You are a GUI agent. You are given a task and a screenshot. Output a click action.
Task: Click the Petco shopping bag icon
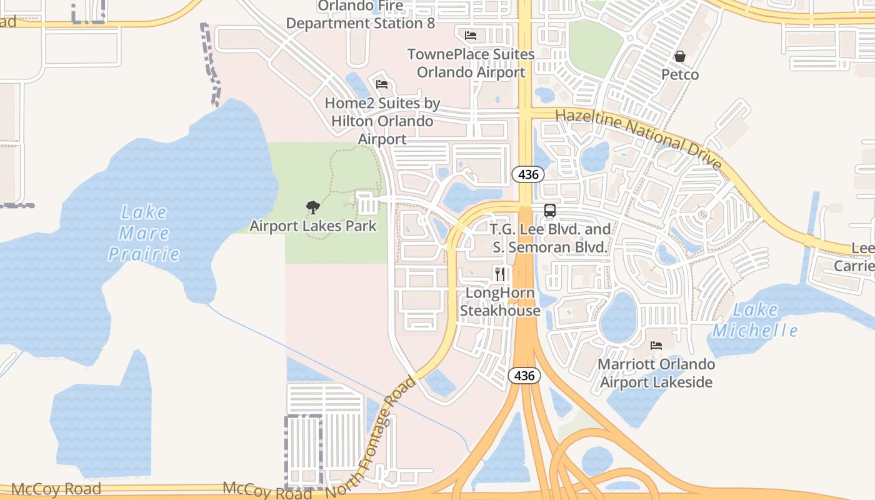pos(680,57)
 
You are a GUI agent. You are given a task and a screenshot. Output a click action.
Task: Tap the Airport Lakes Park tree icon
pos(313,207)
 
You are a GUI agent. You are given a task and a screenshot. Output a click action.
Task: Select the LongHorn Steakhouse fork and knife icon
pos(500,274)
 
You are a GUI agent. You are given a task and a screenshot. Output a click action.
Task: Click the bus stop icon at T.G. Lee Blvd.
pos(550,211)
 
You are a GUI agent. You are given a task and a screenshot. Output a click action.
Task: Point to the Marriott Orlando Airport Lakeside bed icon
pos(656,345)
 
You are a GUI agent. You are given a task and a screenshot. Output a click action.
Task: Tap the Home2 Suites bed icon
pos(382,84)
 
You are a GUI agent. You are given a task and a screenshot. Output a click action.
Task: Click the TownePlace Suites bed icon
pos(471,35)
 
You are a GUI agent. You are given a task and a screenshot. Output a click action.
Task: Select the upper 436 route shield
pos(528,174)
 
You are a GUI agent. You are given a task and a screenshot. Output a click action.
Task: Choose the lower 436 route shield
pos(524,375)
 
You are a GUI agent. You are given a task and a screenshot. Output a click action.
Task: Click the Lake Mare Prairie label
pos(144,233)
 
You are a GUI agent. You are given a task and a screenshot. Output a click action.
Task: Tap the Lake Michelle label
pos(755,320)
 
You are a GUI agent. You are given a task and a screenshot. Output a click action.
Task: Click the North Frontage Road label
pos(371,437)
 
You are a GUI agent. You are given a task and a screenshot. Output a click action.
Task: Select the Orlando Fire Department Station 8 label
pos(361,15)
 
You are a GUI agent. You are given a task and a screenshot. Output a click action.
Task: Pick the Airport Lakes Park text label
pos(313,226)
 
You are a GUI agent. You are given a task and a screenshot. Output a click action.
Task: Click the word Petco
pos(680,74)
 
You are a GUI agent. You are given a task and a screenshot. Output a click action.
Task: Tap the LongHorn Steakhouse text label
pos(500,302)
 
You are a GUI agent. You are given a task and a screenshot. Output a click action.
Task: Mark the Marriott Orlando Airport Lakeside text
pos(656,373)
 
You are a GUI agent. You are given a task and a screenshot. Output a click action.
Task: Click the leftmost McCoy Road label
pos(56,489)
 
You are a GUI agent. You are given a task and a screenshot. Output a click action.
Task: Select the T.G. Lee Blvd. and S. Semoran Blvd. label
pos(551,238)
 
